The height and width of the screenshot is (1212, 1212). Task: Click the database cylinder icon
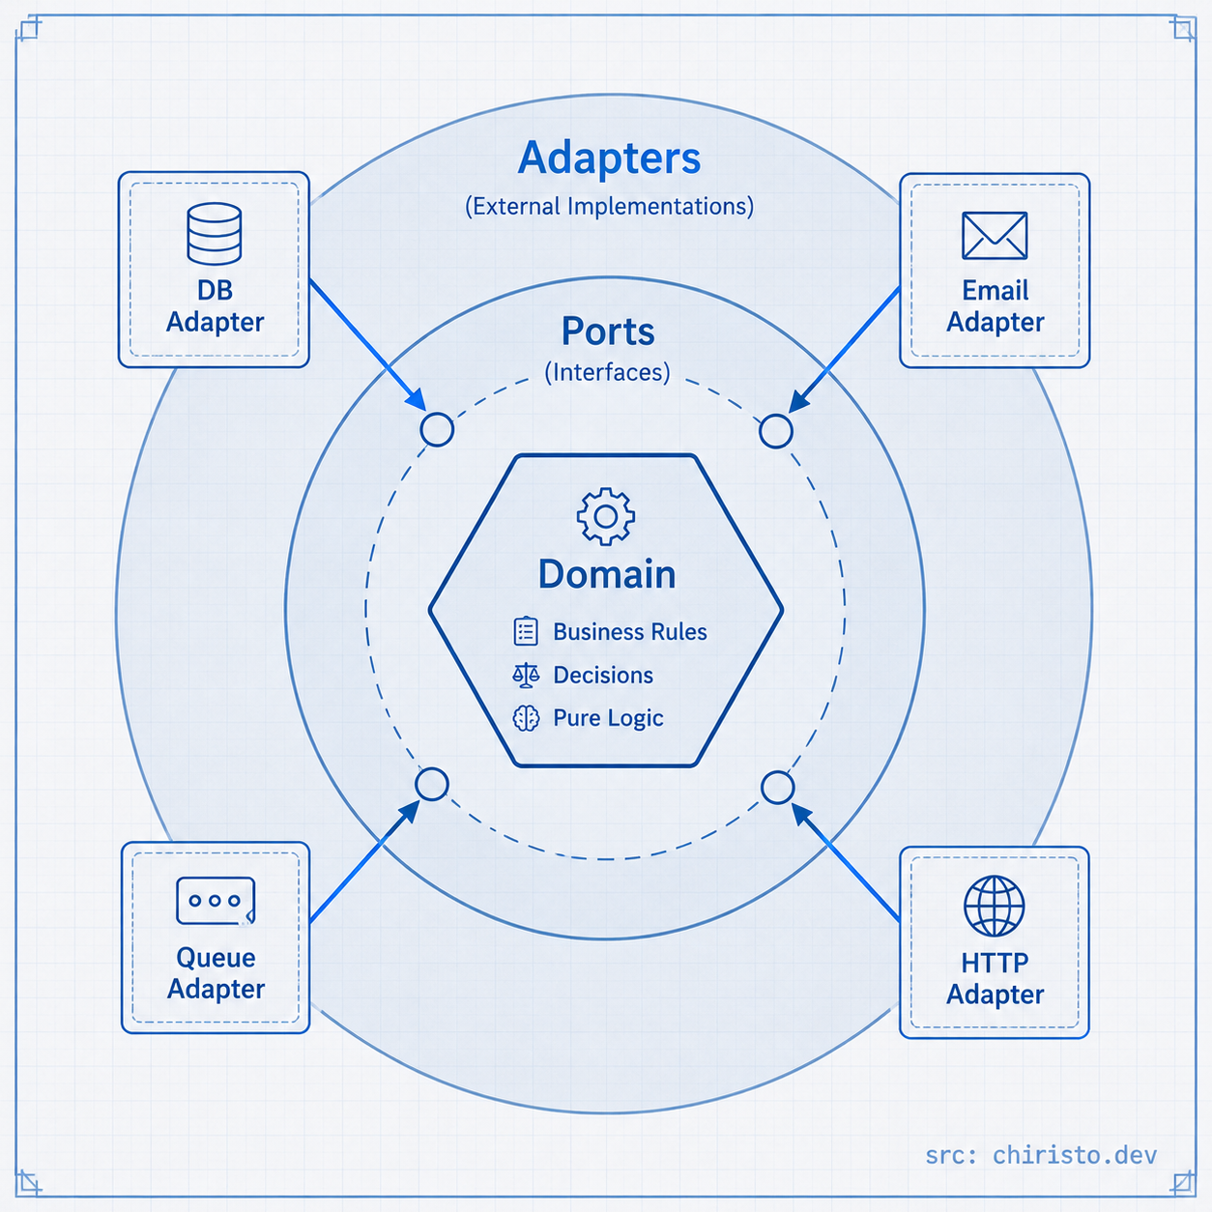point(215,233)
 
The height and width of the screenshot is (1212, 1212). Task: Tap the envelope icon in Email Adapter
point(995,235)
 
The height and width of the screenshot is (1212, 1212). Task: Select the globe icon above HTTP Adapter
point(994,906)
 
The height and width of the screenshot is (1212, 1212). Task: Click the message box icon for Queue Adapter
point(216,901)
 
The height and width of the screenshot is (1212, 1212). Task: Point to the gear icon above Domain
point(606,516)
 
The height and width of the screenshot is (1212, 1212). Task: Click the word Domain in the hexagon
point(607,574)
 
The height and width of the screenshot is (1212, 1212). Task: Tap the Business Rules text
point(629,631)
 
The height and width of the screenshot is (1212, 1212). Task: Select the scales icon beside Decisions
point(526,675)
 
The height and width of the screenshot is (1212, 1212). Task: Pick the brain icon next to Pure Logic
point(526,718)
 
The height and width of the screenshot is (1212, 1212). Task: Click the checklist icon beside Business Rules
point(526,631)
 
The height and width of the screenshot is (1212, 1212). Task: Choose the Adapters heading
point(609,159)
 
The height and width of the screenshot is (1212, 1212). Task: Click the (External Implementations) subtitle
point(609,206)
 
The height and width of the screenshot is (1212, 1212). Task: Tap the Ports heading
point(608,332)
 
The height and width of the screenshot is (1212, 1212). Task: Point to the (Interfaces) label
point(607,372)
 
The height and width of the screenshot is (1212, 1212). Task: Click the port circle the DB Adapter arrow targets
point(437,429)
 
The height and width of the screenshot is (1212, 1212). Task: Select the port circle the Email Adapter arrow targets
point(775,431)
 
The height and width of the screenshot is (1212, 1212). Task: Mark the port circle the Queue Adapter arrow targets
point(432,784)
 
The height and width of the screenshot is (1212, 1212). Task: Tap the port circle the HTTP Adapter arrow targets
point(777,788)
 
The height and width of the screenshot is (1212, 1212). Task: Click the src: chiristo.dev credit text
point(1041,1155)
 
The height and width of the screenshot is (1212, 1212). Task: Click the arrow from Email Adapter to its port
point(844,350)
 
